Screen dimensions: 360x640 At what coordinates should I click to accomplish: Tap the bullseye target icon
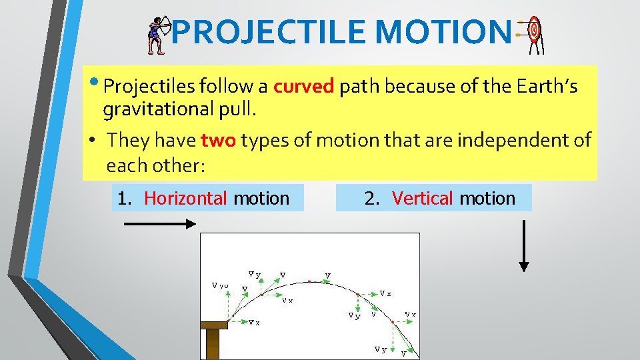pos(534,33)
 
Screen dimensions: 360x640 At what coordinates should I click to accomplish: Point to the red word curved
pos(303,87)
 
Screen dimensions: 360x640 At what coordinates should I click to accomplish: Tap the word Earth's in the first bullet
pos(550,87)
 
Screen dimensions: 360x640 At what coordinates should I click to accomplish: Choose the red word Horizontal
pos(186,198)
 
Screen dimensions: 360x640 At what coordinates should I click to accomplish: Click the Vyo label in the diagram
pos(220,285)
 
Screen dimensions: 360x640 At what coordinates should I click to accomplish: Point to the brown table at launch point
pos(213,333)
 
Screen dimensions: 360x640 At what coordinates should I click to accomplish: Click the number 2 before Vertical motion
pos(370,198)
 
